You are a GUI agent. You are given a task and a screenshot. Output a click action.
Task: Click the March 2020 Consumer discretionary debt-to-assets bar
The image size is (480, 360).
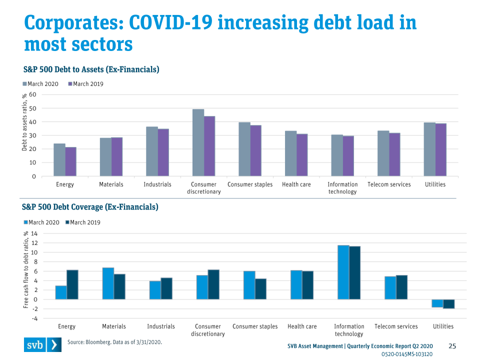(x=198, y=142)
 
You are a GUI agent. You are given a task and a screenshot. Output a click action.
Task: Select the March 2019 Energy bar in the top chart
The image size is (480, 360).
(x=70, y=161)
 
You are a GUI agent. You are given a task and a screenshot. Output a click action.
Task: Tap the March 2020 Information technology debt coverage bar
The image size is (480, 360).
(x=343, y=272)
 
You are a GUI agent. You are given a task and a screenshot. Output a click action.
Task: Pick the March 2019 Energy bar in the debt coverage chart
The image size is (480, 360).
(x=72, y=284)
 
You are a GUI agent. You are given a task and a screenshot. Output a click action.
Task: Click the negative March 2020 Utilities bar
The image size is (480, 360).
(x=437, y=303)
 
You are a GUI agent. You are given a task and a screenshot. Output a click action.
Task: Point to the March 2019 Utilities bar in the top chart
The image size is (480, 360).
(x=440, y=149)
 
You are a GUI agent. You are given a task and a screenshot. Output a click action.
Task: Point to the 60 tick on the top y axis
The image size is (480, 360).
(x=32, y=94)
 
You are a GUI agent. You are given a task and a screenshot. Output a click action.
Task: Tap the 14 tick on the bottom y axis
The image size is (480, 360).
(x=33, y=233)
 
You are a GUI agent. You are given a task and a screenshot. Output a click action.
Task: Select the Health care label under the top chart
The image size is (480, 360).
(x=296, y=184)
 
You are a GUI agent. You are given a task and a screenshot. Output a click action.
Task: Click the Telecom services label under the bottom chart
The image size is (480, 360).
(x=396, y=326)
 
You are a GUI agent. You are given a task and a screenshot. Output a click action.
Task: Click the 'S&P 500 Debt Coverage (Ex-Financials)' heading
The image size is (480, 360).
(x=90, y=206)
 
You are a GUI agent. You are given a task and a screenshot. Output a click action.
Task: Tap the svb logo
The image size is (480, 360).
(x=42, y=345)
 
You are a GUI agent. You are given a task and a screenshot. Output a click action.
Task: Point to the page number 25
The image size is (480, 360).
(x=452, y=346)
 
